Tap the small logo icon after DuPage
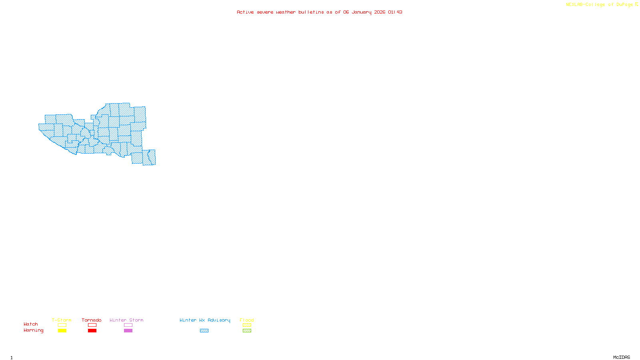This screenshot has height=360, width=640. (x=636, y=4)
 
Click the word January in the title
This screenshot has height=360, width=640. (x=362, y=12)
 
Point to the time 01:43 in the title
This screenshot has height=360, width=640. (x=395, y=12)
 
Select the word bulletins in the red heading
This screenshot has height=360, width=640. (x=311, y=12)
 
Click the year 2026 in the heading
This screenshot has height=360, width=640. (x=380, y=12)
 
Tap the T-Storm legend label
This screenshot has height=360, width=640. (x=62, y=320)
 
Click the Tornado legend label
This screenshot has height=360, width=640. (x=92, y=320)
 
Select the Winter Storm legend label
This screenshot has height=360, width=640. (x=126, y=320)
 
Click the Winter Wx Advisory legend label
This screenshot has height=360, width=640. (x=205, y=320)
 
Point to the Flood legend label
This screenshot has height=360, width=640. (x=247, y=320)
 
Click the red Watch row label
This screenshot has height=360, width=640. (x=31, y=324)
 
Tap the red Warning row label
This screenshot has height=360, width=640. (x=34, y=330)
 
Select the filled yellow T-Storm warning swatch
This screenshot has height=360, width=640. (x=62, y=331)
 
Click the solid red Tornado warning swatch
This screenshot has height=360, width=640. (x=92, y=331)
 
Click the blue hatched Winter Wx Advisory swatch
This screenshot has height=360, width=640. (x=204, y=331)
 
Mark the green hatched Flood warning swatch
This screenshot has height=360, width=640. (x=247, y=331)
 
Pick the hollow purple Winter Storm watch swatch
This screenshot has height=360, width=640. (x=128, y=325)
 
